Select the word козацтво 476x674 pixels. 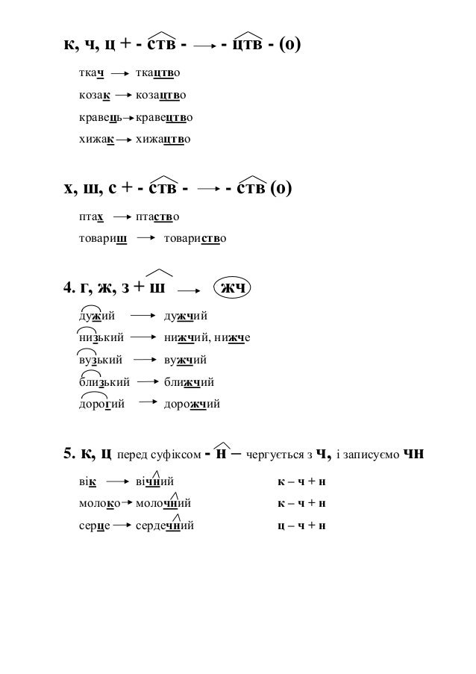tap(161, 96)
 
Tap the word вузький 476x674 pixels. tap(101, 361)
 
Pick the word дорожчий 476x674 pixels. tap(192, 405)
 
